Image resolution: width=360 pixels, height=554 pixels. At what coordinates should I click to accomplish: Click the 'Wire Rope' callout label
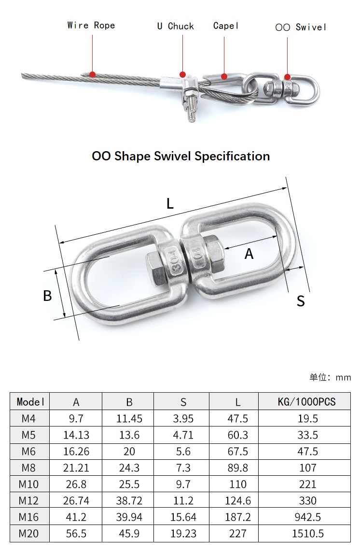tap(91, 26)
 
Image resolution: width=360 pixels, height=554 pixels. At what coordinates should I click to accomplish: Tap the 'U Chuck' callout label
tap(175, 26)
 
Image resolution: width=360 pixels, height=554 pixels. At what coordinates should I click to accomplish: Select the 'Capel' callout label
tap(226, 26)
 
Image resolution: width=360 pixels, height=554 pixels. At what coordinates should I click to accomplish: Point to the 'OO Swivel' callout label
tap(301, 27)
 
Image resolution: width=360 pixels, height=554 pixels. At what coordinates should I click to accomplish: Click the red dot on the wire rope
tap(93, 74)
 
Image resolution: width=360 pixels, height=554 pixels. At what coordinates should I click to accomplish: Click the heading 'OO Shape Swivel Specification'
tap(180, 156)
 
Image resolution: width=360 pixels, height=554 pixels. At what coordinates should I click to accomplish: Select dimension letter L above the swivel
tap(170, 203)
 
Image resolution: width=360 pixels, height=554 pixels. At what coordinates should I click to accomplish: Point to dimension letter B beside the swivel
tap(47, 296)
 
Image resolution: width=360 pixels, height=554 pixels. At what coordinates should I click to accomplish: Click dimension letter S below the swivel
tap(301, 301)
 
